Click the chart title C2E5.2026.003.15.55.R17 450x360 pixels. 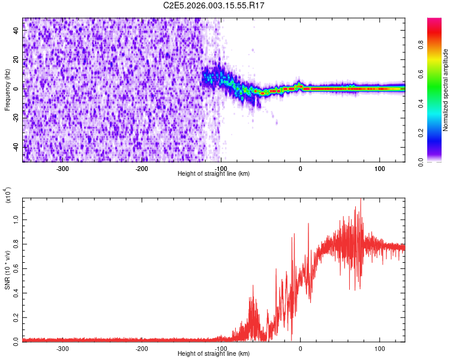[x=214, y=5]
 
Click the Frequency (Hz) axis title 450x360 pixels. [x=7, y=89]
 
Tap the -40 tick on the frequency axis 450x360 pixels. [x=17, y=146]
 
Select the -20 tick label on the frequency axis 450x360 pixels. [x=17, y=118]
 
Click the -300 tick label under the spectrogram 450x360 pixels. [x=63, y=169]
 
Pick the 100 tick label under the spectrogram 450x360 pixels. [x=380, y=169]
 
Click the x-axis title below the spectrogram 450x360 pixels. [x=214, y=174]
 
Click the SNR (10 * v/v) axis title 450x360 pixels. [x=7, y=269]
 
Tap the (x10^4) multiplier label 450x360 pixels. [x=7, y=196]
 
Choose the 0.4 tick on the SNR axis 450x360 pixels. [x=17, y=293]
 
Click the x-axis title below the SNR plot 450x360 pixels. [x=214, y=354]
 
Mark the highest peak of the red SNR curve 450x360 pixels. [x=360, y=199]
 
